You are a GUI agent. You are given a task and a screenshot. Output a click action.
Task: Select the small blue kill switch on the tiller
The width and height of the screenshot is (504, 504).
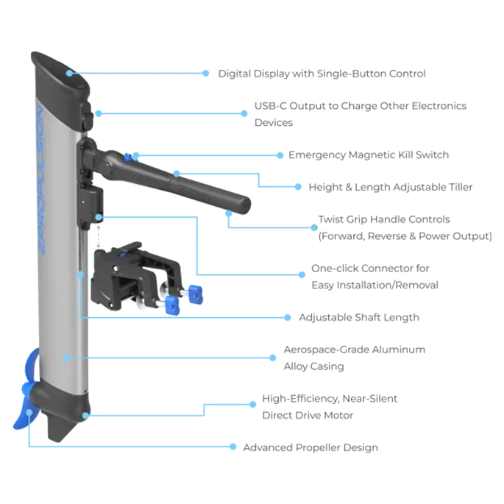coord(129,156)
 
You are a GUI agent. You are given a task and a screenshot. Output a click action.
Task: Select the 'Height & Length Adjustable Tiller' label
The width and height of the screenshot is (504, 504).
coord(391,188)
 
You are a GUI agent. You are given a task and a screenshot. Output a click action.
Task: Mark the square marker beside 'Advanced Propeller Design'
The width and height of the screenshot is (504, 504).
coord(238,447)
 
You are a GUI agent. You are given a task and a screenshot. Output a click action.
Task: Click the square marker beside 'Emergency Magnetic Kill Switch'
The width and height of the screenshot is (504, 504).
coord(280,155)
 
